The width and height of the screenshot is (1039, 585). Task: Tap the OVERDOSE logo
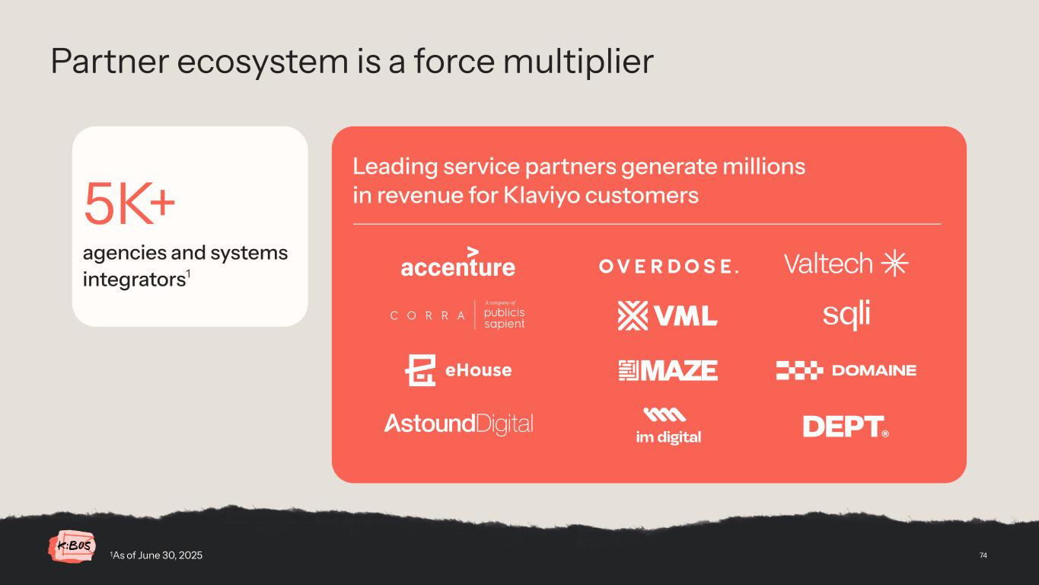click(668, 266)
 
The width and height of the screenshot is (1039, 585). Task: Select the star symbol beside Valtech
click(894, 264)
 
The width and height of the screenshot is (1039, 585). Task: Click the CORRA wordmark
click(427, 316)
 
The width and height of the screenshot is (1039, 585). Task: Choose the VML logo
click(668, 315)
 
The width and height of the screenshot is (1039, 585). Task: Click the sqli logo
click(846, 315)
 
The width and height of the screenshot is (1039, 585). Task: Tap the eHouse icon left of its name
click(420, 370)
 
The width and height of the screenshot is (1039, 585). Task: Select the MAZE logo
click(668, 370)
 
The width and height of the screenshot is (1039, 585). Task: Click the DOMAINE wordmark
click(874, 371)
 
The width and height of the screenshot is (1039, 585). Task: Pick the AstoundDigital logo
click(458, 424)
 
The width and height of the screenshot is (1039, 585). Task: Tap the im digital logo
click(668, 427)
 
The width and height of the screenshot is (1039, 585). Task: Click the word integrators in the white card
click(132, 280)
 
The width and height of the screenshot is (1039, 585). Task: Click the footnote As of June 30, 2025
click(157, 555)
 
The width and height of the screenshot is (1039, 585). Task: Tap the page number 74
click(983, 555)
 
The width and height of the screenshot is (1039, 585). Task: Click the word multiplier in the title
click(582, 62)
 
